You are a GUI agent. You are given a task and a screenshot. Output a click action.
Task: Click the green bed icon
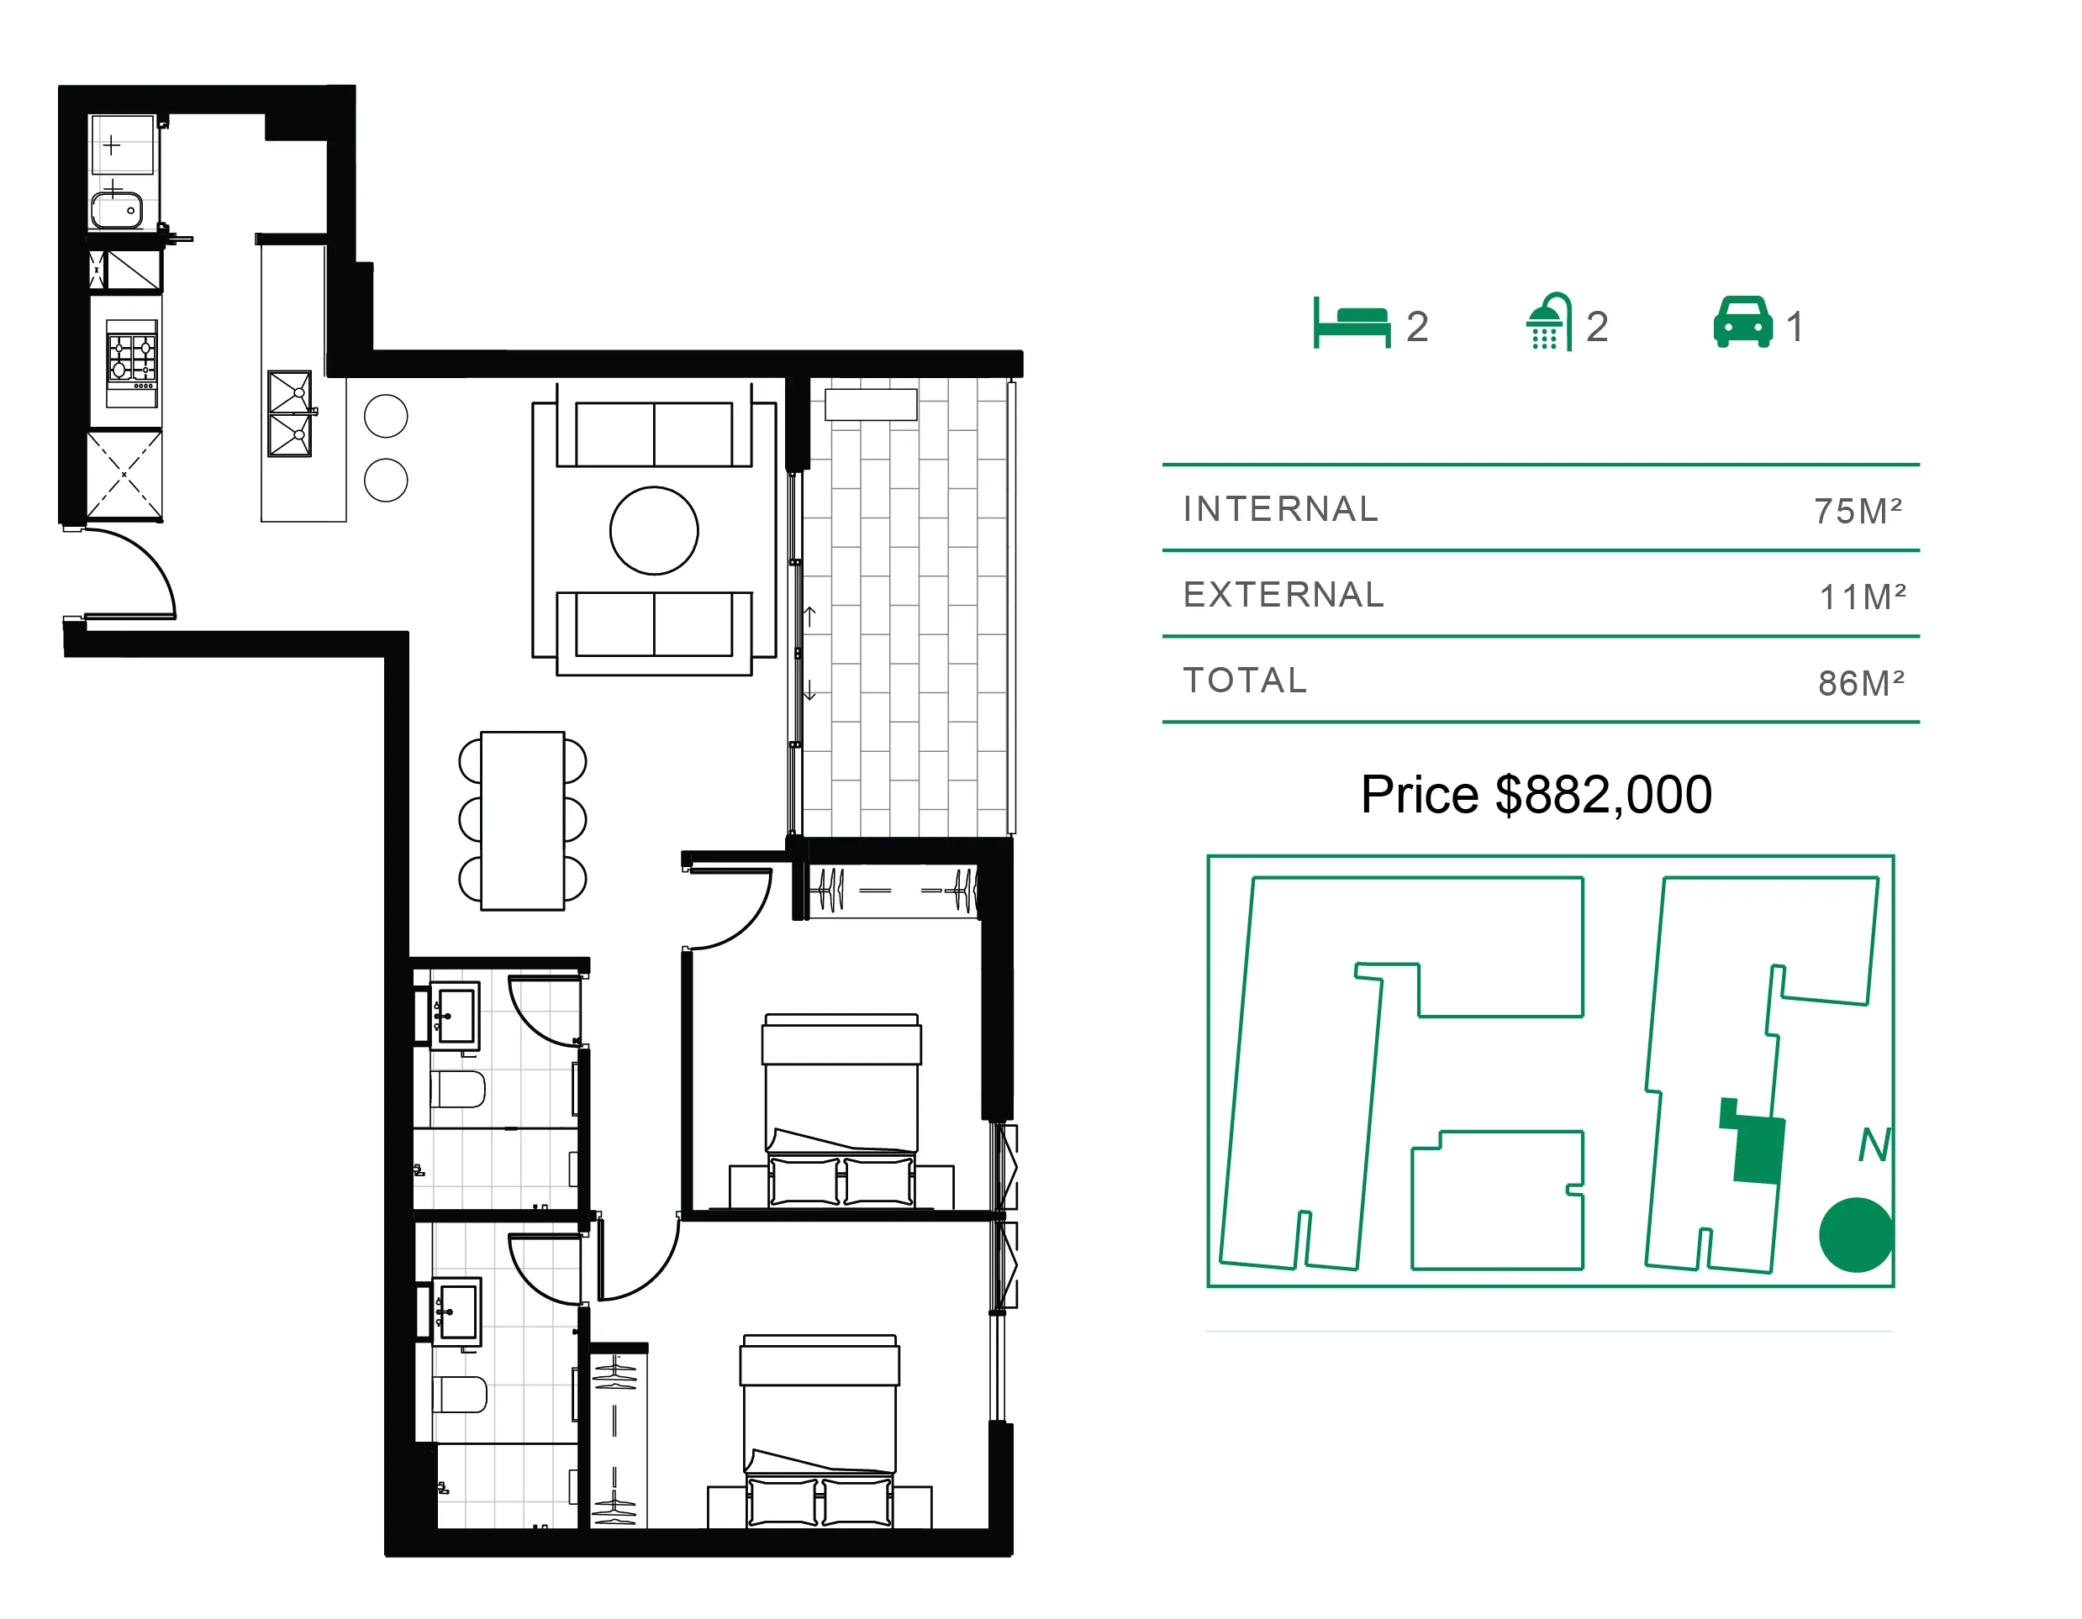pyautogui.click(x=1351, y=323)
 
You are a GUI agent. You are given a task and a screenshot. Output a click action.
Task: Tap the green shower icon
pyautogui.click(x=1548, y=321)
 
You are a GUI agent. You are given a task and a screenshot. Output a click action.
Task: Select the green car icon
pyautogui.click(x=1742, y=322)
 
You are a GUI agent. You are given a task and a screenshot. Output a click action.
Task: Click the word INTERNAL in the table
pyautogui.click(x=1280, y=509)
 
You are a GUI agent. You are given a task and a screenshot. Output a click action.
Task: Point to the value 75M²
pyautogui.click(x=1857, y=511)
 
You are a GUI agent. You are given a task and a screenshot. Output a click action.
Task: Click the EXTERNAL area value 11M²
pyautogui.click(x=1862, y=597)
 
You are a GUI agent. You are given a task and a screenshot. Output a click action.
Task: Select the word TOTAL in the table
pyautogui.click(x=1245, y=681)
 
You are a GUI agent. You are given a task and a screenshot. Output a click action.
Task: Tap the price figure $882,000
pyautogui.click(x=1604, y=794)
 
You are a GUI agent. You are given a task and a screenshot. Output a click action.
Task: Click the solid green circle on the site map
pyautogui.click(x=1855, y=1235)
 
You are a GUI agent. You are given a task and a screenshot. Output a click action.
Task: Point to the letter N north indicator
pyautogui.click(x=1874, y=1144)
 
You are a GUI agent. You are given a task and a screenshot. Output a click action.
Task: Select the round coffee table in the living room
pyautogui.click(x=654, y=531)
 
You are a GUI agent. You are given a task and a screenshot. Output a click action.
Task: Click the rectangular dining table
pyautogui.click(x=523, y=821)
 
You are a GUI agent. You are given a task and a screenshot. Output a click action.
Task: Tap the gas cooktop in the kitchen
pyautogui.click(x=132, y=357)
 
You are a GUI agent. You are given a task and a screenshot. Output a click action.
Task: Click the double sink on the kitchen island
pyautogui.click(x=290, y=413)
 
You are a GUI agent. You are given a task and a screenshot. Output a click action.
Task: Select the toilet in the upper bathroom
pyautogui.click(x=459, y=1089)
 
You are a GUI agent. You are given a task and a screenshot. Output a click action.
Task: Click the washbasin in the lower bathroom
pyautogui.click(x=457, y=1311)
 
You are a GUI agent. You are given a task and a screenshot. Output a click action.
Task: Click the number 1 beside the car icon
pyautogui.click(x=1795, y=327)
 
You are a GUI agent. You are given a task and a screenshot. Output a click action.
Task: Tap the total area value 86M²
pyautogui.click(x=1861, y=682)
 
